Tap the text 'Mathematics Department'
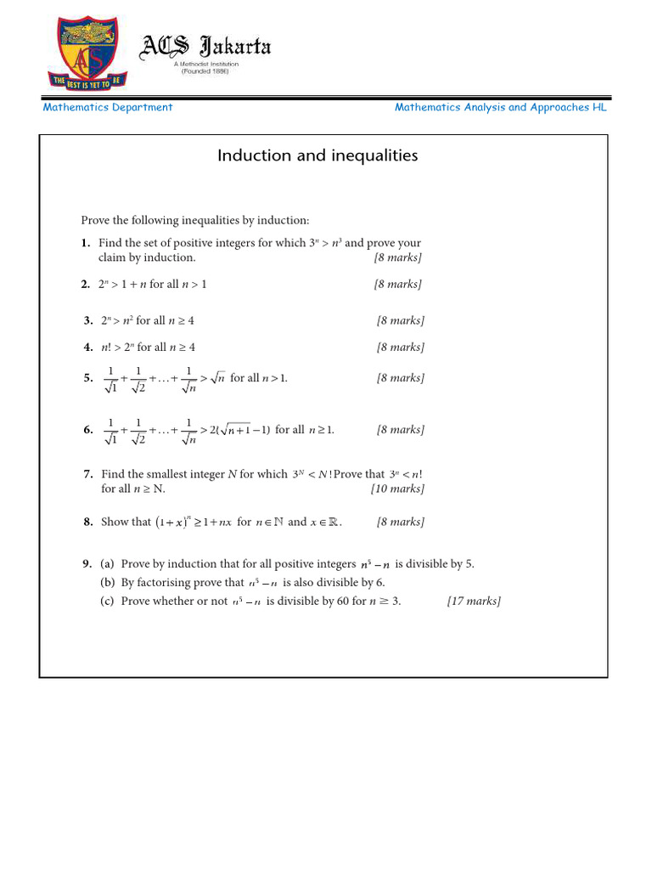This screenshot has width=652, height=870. [108, 108]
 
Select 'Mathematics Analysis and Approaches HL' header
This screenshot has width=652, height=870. [501, 108]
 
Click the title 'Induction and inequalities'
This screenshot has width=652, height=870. [318, 155]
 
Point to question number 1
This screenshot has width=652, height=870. [87, 243]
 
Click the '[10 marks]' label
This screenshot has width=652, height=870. [397, 489]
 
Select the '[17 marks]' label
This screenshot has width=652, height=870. [474, 602]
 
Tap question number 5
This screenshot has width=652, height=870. [88, 378]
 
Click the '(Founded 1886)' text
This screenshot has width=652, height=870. [205, 71]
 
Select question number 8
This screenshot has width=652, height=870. [88, 523]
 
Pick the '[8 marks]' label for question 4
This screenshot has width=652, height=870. [401, 347]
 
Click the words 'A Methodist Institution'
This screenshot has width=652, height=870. [205, 64]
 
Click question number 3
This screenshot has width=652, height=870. [88, 321]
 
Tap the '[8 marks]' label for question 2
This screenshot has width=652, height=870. [398, 285]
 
